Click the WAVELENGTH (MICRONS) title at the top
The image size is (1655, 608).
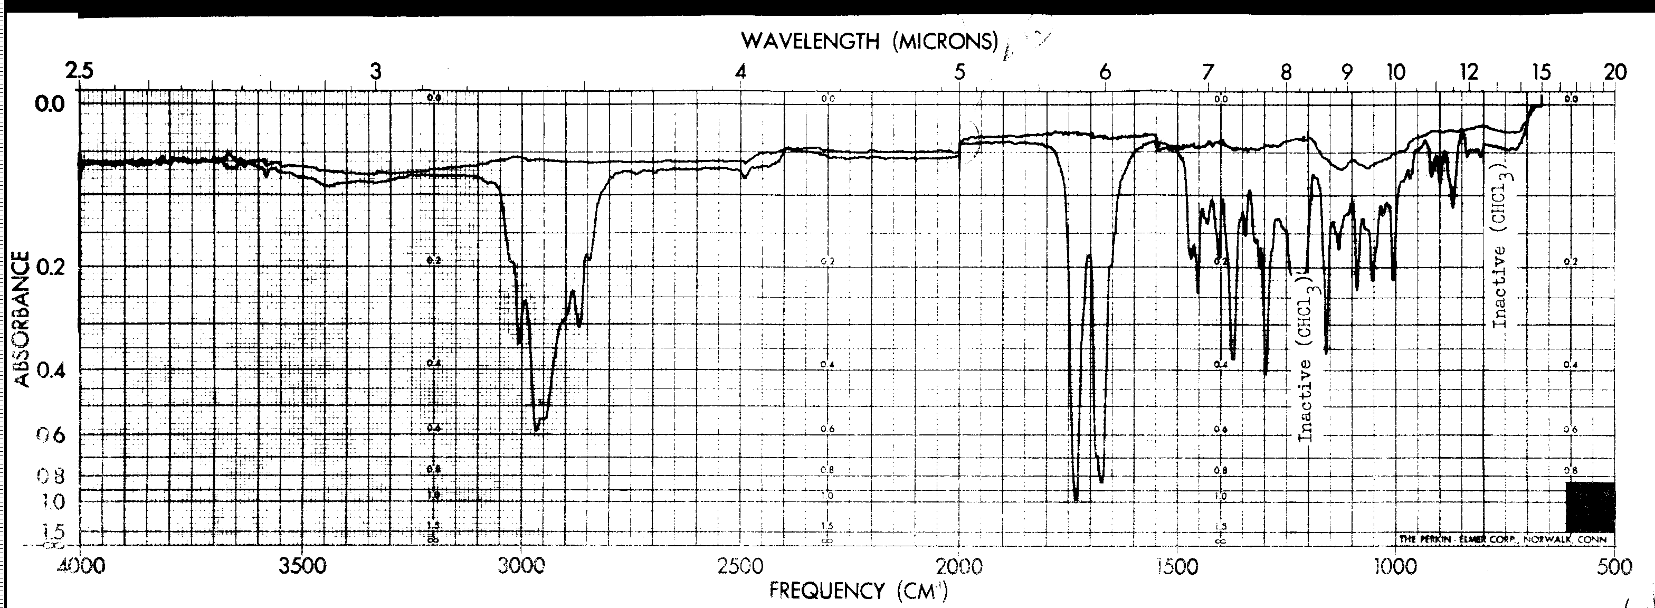pos(869,41)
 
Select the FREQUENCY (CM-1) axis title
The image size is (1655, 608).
pos(858,590)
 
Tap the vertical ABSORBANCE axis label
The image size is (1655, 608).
pos(23,319)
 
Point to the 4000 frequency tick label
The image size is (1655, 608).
pos(79,567)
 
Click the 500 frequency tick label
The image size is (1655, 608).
pos(1614,567)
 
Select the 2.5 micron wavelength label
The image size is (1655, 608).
pos(80,71)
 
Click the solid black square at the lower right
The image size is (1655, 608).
pos(1590,507)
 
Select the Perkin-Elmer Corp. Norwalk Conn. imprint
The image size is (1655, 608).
pos(1502,539)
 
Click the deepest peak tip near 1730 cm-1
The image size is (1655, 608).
pos(1076,499)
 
